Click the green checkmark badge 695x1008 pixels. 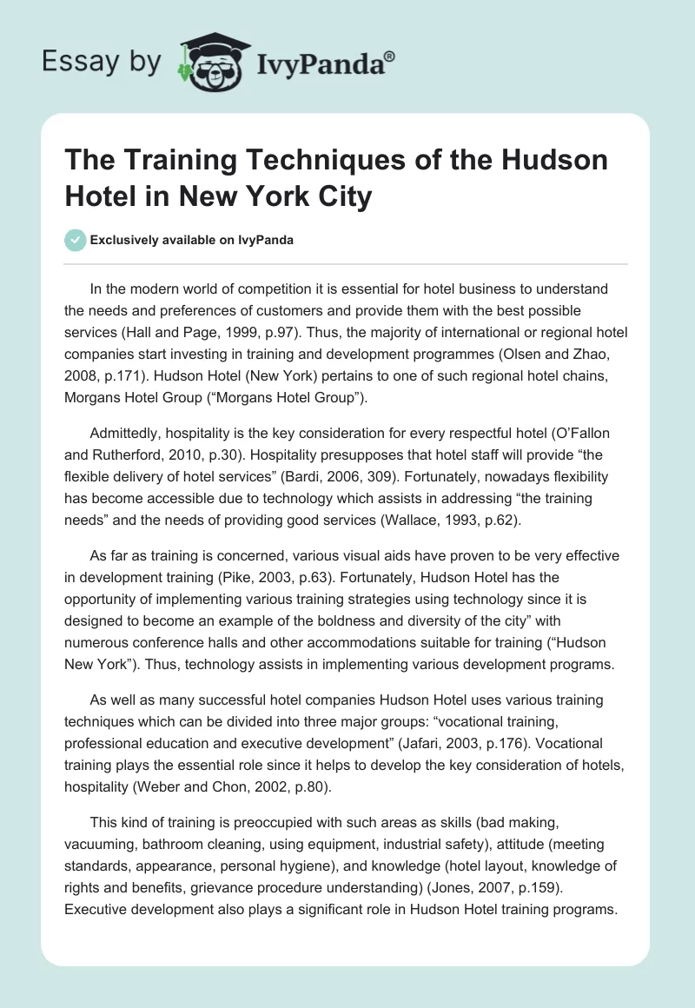pyautogui.click(x=76, y=240)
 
